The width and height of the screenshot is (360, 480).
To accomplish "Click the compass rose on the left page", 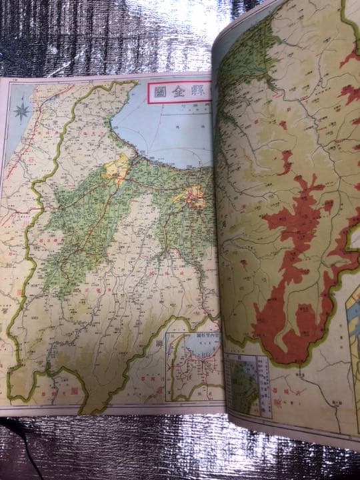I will (22, 109).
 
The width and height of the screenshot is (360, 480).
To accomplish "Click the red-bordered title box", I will (179, 93).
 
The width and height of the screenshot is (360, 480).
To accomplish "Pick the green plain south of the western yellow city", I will (87, 220).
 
